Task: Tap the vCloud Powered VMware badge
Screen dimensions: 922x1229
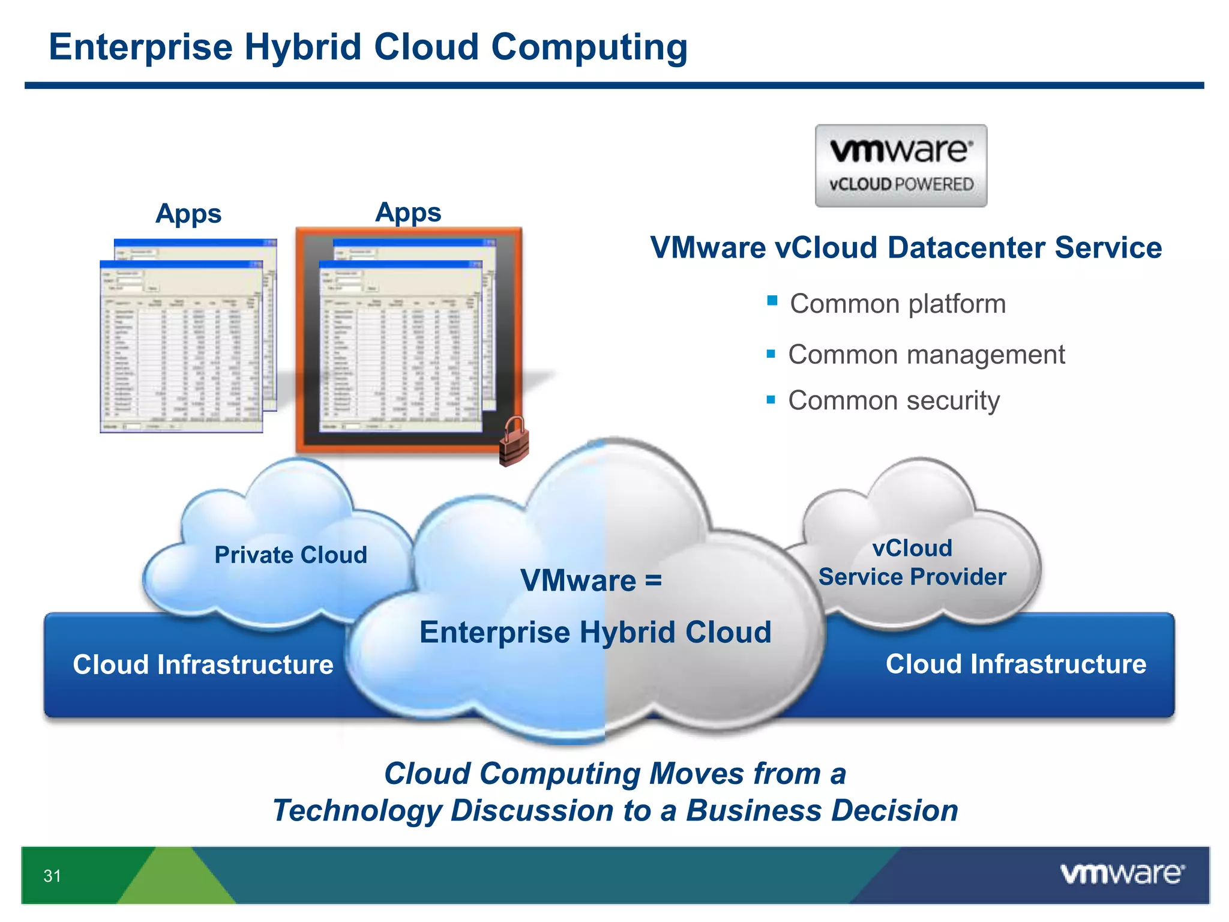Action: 900,166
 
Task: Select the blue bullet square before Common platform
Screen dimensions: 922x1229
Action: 772,301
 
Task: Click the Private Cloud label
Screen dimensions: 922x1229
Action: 290,555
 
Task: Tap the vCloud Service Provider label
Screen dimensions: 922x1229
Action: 912,562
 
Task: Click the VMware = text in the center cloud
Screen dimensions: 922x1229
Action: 590,580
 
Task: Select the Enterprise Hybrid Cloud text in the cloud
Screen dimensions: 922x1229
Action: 595,632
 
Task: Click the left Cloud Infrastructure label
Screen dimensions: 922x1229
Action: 203,664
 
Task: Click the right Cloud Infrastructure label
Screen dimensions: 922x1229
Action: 1015,664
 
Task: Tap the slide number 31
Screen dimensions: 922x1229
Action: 52,876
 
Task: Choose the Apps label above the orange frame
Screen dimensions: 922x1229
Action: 408,212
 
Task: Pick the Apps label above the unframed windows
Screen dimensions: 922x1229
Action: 188,214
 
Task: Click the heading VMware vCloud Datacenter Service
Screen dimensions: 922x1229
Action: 906,248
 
